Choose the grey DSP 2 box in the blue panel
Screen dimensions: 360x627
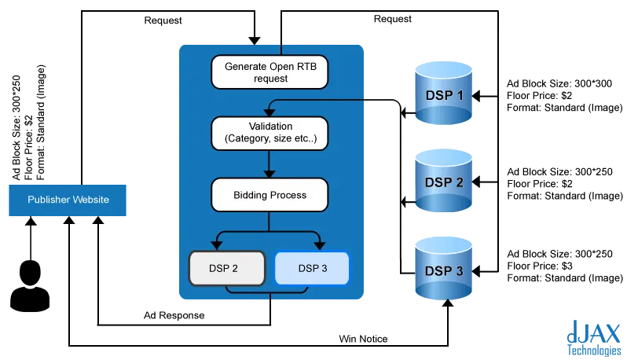coord(224,268)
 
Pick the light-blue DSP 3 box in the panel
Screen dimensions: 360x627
coord(311,268)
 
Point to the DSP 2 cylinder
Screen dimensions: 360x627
coord(444,181)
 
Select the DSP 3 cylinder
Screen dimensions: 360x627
coord(444,270)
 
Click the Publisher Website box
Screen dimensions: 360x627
coord(68,200)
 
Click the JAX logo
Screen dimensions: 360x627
coord(595,333)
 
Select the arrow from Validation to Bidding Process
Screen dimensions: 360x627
coord(269,163)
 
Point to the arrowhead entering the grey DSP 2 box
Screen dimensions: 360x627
coord(217,246)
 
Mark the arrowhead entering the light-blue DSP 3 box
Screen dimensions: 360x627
coord(321,246)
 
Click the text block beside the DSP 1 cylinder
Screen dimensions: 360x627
coord(559,94)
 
